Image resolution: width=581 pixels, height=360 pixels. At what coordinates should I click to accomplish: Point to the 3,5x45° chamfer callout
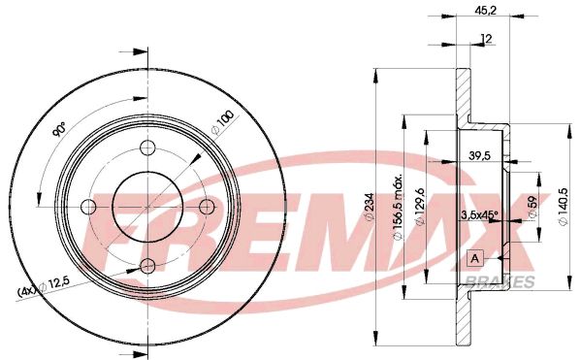point(478,215)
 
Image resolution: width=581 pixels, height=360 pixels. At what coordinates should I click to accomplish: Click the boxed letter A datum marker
point(474,258)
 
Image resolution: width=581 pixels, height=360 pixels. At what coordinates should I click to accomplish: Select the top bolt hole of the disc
point(147,147)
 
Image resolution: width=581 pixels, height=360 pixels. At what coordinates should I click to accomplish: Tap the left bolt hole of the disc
point(88,207)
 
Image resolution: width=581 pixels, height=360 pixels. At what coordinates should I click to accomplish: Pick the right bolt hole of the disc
point(207,207)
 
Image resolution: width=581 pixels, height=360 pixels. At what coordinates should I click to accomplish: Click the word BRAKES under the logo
point(506,281)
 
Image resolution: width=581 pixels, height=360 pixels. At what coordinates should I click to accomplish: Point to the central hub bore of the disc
point(147,207)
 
